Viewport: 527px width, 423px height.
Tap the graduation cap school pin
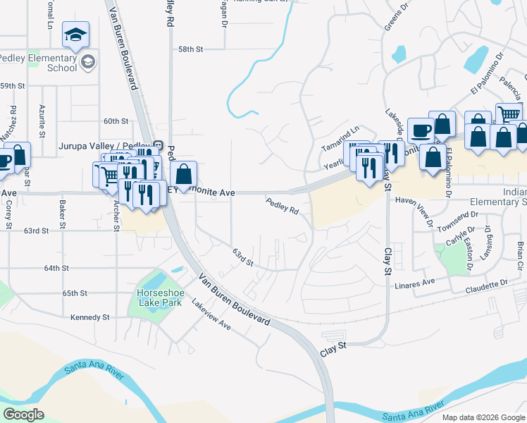coord(75,35)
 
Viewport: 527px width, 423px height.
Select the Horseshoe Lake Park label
coord(159,297)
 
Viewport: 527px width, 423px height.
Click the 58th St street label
coord(190,49)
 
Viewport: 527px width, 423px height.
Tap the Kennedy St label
coord(90,317)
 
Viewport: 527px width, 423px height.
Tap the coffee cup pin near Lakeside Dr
coord(421,131)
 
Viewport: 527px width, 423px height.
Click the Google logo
coord(23,415)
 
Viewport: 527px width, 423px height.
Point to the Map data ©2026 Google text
coord(483,417)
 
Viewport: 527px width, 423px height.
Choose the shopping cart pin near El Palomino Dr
coord(509,114)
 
